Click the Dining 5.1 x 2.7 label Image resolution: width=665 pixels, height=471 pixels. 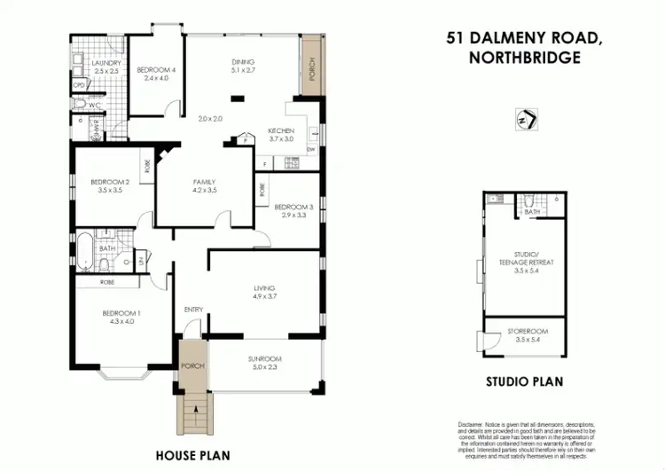click(x=242, y=66)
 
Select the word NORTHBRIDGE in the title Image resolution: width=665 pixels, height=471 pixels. click(x=524, y=58)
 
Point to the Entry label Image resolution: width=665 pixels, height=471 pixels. click(x=193, y=310)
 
